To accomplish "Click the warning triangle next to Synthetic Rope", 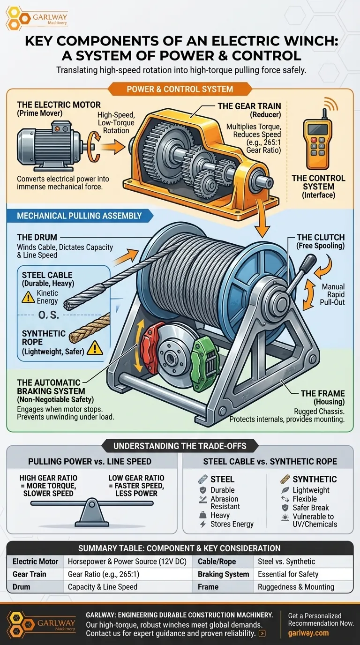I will point(96,347).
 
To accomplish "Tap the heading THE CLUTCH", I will point(321,237).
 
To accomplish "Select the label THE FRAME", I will point(323,393).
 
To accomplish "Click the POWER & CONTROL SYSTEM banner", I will point(180,89).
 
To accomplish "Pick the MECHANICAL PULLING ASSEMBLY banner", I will point(79,216).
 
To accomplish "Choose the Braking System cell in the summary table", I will point(224,574).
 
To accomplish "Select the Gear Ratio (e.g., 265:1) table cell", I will point(104,574).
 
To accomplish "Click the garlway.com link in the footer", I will point(308,633).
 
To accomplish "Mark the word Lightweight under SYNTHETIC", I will point(311,490).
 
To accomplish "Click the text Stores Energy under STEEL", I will point(232,524).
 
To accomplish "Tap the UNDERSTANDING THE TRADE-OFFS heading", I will point(180,445).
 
